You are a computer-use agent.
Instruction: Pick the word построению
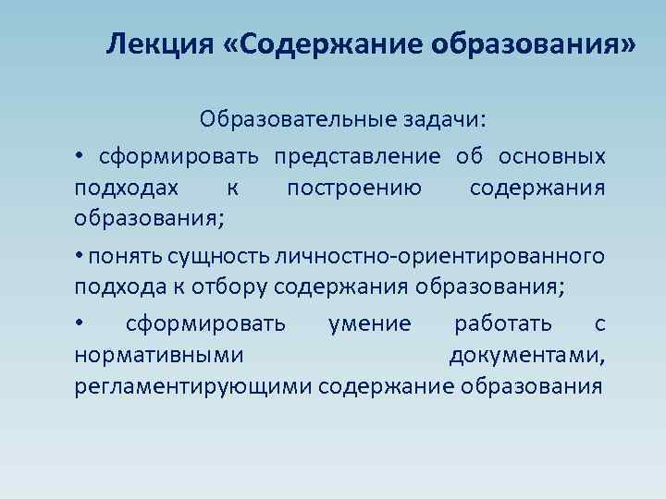[x=354, y=189]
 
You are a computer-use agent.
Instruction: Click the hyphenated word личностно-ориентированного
[x=431, y=255]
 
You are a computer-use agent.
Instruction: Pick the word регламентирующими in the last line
[x=192, y=386]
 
